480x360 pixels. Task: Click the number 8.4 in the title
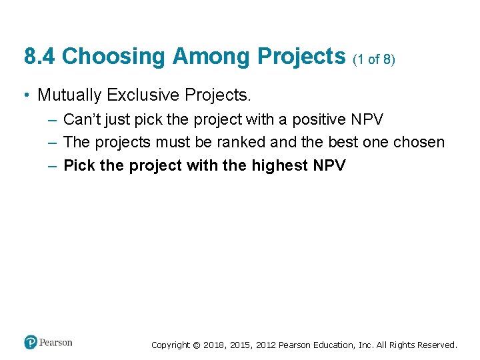(39, 57)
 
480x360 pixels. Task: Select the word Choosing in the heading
(113, 57)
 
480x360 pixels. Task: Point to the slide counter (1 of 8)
(374, 59)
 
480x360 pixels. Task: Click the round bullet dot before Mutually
(25, 96)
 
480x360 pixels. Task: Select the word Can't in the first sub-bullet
(81, 120)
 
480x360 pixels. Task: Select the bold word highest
(280, 165)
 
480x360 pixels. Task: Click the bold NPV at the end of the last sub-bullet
(329, 165)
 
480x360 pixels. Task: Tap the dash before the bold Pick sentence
(52, 165)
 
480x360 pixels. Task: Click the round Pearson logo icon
(31, 343)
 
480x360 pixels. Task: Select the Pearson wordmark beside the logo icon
(55, 343)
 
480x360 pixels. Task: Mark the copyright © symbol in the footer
(197, 345)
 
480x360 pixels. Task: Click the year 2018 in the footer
(214, 345)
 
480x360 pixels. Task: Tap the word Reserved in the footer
(437, 345)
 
